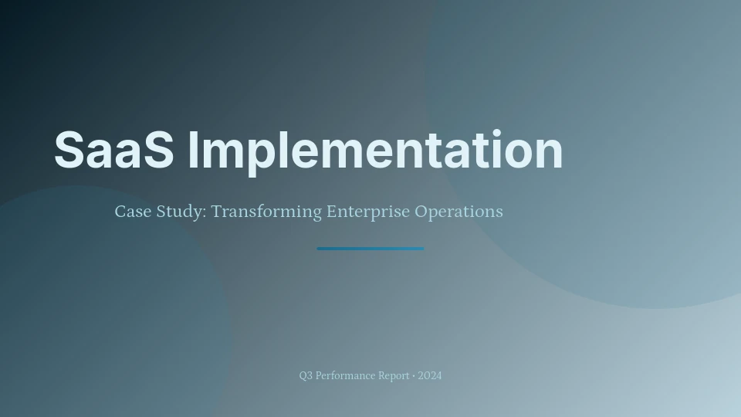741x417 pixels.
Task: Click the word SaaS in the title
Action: click(114, 149)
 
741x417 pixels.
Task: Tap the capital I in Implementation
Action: click(193, 150)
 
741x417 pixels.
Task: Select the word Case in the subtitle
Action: click(134, 212)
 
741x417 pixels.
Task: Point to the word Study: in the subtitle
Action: click(181, 212)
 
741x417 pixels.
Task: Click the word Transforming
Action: click(266, 212)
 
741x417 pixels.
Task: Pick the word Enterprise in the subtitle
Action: click(368, 212)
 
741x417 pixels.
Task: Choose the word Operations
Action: click(458, 212)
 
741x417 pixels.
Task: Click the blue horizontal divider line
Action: click(370, 249)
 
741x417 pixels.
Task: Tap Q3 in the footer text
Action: click(306, 376)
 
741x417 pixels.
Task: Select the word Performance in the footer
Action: click(346, 376)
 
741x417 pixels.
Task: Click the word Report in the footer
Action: click(394, 376)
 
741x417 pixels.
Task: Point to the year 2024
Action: click(430, 376)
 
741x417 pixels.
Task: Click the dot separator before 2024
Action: click(414, 376)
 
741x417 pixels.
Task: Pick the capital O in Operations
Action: click(421, 212)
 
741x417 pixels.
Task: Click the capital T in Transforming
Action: click(218, 212)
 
